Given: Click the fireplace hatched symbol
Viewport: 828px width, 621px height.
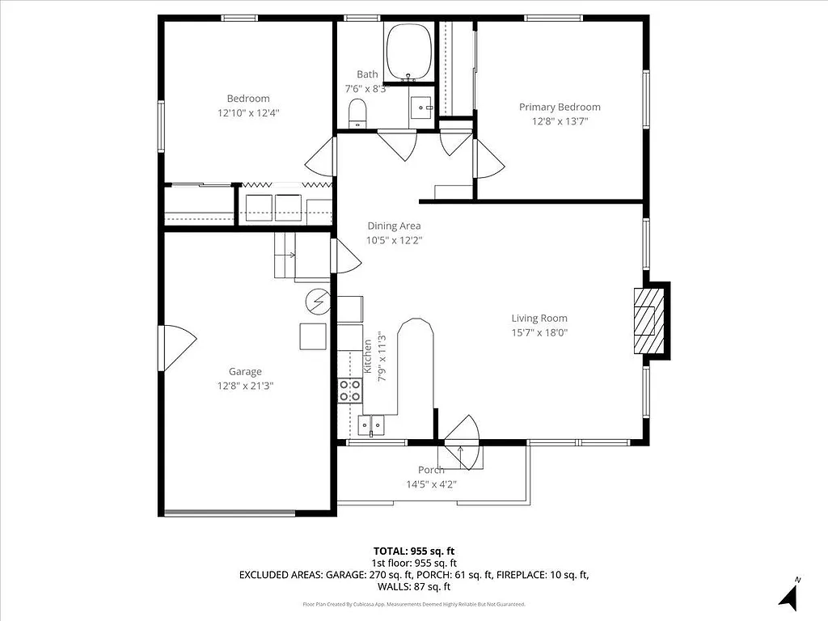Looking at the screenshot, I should click(645, 319).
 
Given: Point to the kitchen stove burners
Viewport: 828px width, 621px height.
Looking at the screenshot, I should click(350, 391).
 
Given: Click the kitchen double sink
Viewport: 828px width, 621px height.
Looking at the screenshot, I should click(372, 425).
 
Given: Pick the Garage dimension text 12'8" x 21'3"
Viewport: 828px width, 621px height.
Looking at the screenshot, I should click(245, 386).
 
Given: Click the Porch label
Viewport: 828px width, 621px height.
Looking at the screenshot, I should click(430, 470).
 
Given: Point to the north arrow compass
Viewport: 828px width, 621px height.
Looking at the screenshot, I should click(789, 595).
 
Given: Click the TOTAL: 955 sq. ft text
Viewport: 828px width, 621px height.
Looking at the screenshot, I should click(414, 551).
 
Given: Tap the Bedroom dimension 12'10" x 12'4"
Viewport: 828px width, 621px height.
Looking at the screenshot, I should click(248, 113).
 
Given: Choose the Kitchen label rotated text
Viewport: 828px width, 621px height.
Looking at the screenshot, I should click(367, 355).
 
